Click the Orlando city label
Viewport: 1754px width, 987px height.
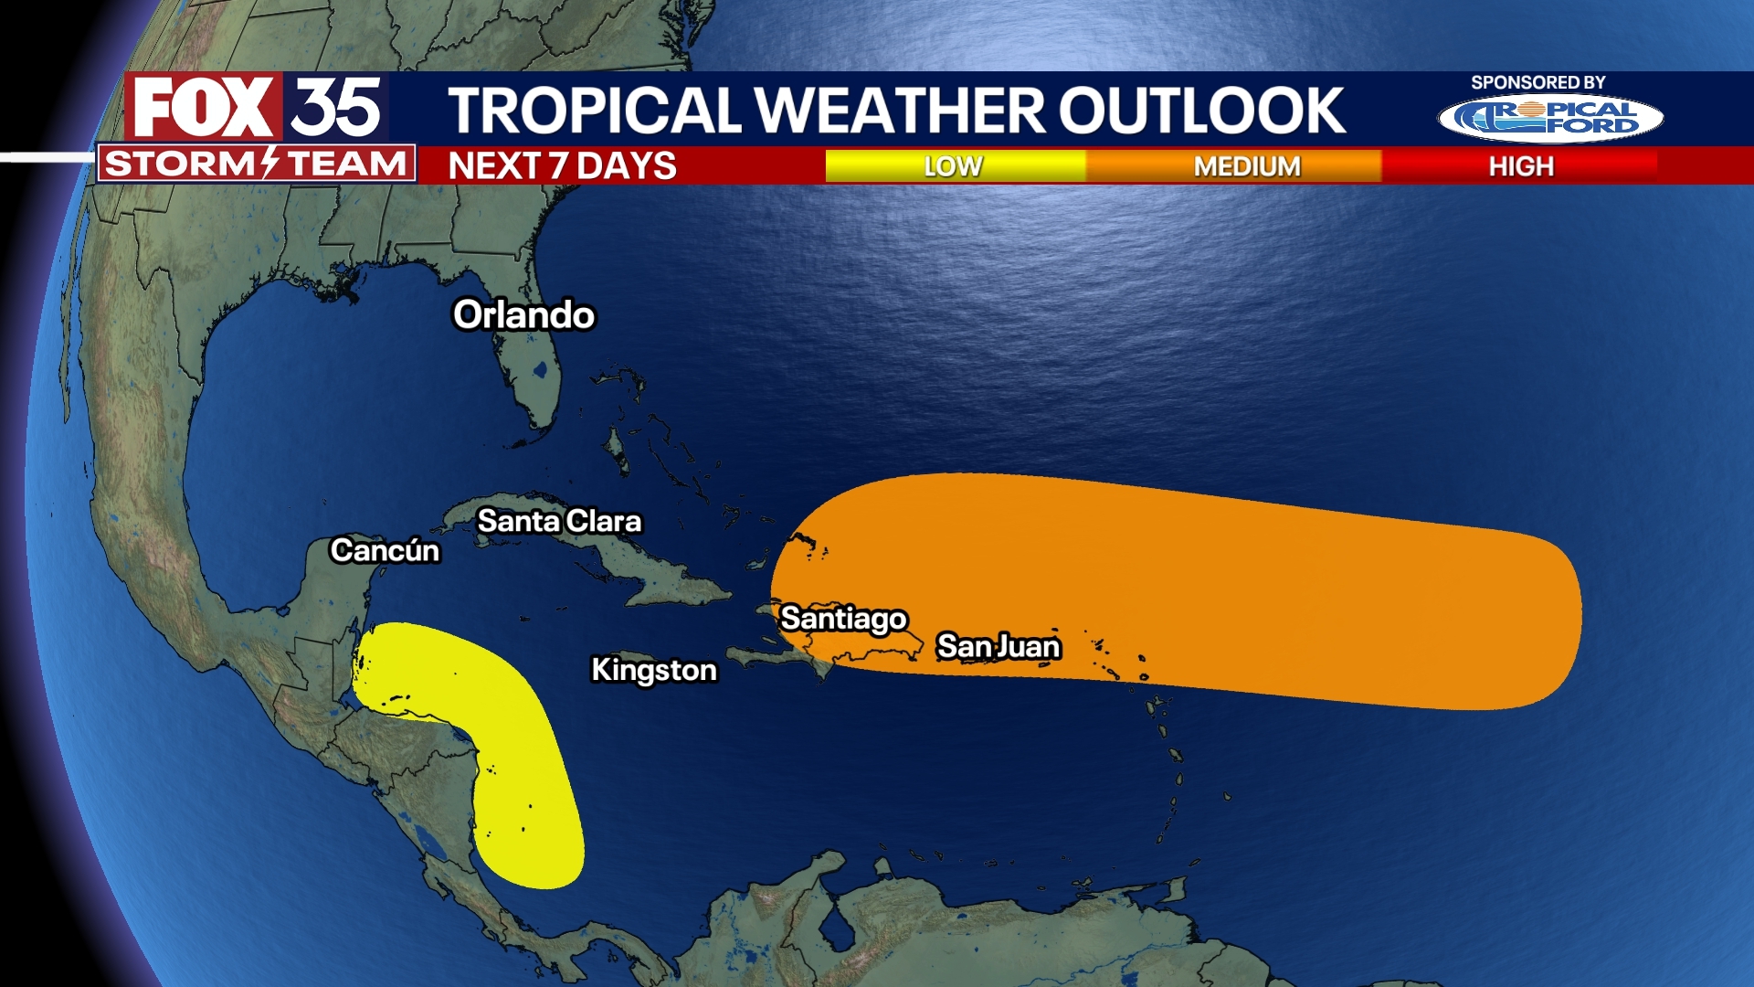(x=523, y=315)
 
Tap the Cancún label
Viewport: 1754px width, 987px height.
(x=385, y=550)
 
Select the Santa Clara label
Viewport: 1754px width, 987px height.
(x=559, y=521)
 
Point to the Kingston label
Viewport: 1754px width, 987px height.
(x=654, y=670)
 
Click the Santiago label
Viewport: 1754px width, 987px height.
(x=843, y=619)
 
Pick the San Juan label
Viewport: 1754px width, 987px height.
(x=999, y=646)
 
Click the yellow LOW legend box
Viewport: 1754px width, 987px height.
(x=954, y=166)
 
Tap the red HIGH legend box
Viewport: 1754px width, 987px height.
(x=1521, y=166)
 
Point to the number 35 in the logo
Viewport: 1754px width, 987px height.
(x=336, y=107)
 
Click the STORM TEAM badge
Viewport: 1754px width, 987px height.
(x=256, y=164)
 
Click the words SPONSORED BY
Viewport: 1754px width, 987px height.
(x=1537, y=82)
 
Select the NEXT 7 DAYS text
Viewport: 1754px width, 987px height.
(x=562, y=166)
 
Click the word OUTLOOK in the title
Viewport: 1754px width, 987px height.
(x=1201, y=111)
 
